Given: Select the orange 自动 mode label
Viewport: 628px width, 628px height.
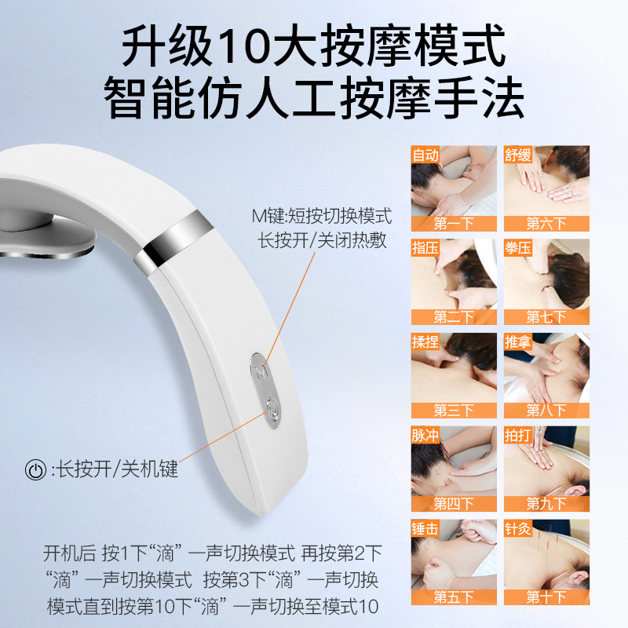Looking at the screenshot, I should [x=425, y=155].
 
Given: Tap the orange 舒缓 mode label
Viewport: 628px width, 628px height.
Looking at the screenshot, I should [x=518, y=155].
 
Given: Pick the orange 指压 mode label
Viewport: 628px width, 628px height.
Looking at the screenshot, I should [x=425, y=248].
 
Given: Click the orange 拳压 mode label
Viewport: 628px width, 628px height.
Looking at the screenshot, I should [x=518, y=248].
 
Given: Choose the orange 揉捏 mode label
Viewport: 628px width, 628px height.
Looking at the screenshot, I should [x=425, y=341].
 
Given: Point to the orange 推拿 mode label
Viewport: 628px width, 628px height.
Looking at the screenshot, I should [x=518, y=341].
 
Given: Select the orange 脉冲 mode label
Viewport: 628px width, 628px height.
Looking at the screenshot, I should [x=425, y=435].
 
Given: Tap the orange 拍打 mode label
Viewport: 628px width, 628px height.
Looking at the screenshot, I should [x=518, y=435].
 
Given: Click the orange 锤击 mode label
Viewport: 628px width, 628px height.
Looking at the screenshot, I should [x=425, y=528].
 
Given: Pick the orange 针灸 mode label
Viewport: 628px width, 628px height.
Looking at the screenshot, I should [x=518, y=528].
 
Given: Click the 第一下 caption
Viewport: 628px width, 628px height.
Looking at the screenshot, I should [x=454, y=223].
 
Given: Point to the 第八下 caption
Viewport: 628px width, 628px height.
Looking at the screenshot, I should [x=546, y=410].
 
